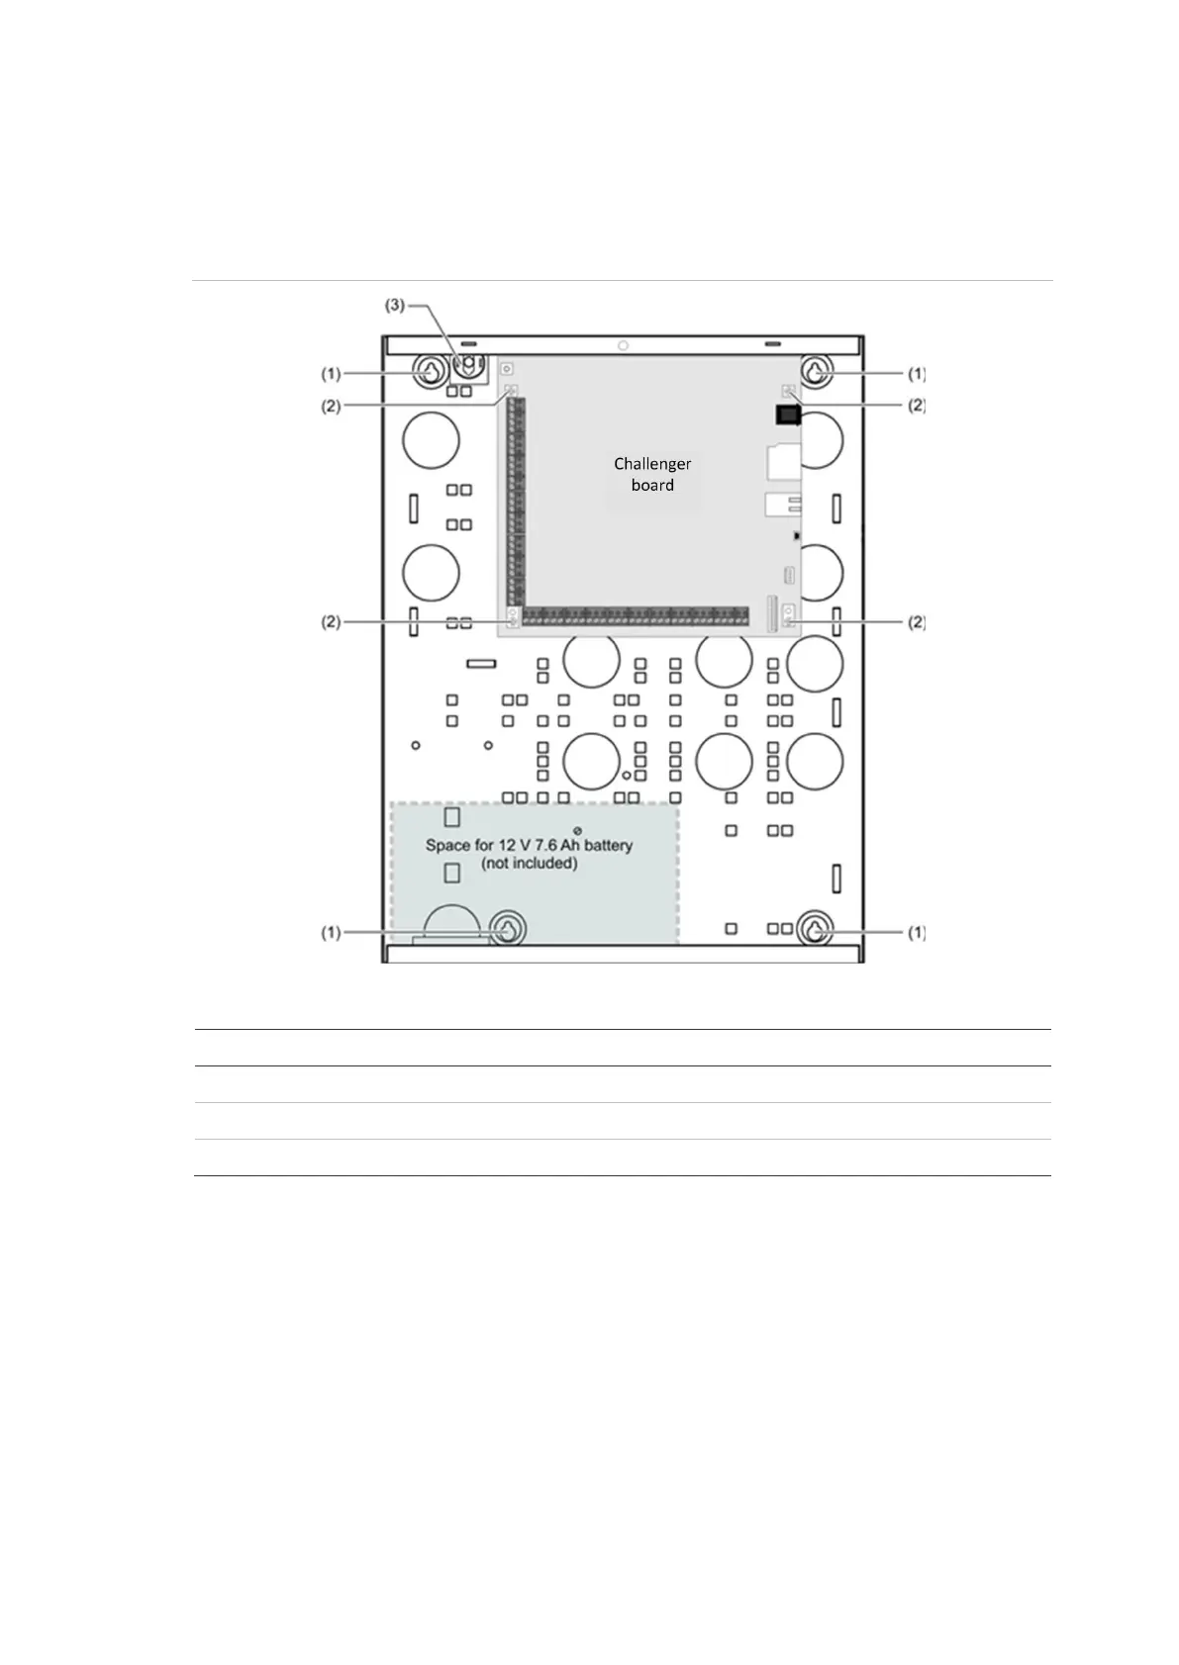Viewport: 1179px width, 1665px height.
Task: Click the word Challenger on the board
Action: pos(652,464)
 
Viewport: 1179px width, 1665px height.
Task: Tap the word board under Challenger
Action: pos(652,485)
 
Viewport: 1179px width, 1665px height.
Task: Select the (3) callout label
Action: pos(394,305)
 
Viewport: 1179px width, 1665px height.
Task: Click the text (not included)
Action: pos(529,863)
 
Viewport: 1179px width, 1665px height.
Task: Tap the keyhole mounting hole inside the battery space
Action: pos(507,928)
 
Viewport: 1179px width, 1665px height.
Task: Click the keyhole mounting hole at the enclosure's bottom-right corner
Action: pos(816,929)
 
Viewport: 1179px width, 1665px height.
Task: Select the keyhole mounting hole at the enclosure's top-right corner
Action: pos(816,371)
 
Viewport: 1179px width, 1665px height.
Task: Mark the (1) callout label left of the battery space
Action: pos(331,932)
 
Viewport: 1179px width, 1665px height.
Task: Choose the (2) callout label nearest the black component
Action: pos(917,406)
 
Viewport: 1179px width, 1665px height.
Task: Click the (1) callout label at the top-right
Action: pos(917,374)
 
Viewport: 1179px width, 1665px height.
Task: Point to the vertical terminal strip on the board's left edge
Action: pos(516,502)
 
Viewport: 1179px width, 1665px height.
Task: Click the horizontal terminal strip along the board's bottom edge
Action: pos(636,616)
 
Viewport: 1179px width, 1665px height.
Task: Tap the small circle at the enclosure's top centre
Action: pos(624,345)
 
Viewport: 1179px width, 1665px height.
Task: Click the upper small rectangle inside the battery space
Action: pos(451,817)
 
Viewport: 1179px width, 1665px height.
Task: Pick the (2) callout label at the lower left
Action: pos(331,622)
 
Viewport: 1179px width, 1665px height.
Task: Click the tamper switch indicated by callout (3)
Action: pos(469,366)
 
